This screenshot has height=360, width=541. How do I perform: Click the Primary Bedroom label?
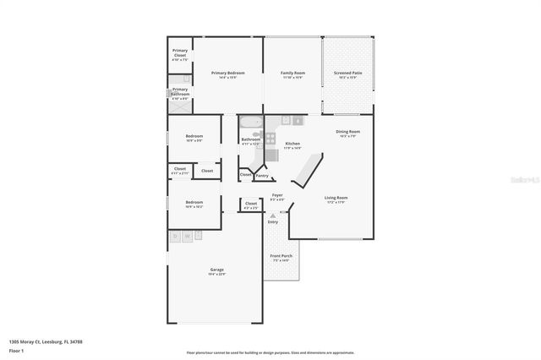pyautogui.click(x=228, y=74)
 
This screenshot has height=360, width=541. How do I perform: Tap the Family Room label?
pyautogui.click(x=292, y=74)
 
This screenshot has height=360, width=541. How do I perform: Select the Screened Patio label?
pyautogui.click(x=347, y=74)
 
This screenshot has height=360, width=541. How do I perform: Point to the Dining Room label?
pyautogui.click(x=348, y=132)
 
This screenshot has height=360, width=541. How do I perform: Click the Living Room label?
pyautogui.click(x=336, y=199)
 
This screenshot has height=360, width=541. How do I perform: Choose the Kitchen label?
pyautogui.click(x=292, y=144)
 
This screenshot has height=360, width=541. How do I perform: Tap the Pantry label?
pyautogui.click(x=262, y=176)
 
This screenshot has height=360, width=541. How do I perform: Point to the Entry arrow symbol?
pyautogui.click(x=272, y=215)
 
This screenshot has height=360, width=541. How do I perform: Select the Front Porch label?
pyautogui.click(x=281, y=256)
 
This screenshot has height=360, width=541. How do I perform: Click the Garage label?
pyautogui.click(x=216, y=270)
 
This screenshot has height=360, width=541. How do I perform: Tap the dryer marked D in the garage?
pyautogui.click(x=175, y=237)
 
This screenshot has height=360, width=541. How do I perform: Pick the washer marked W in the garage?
pyautogui.click(x=186, y=237)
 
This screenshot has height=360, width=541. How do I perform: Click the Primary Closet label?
pyautogui.click(x=180, y=56)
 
